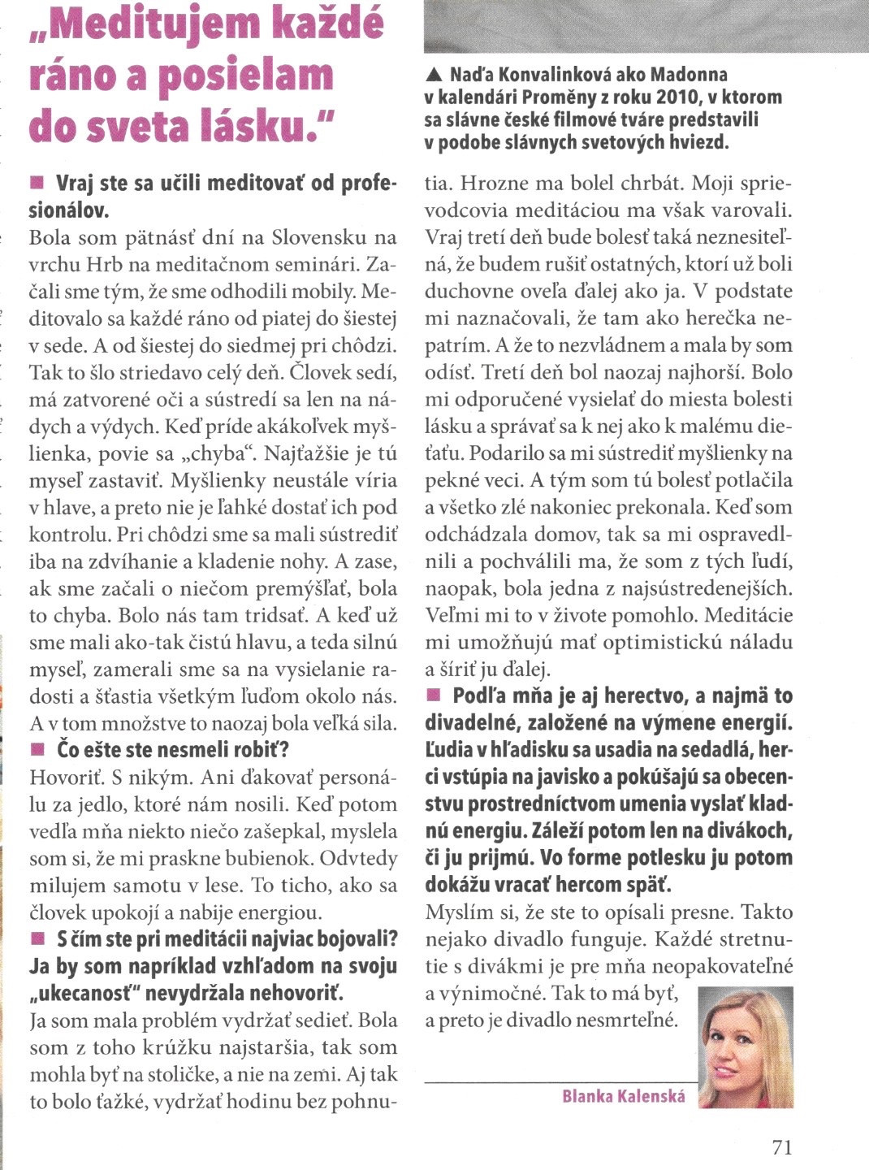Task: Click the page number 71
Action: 781,1146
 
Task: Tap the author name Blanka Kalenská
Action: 623,1096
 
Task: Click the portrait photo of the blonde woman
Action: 746,1047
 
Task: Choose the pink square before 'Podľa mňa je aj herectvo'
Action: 433,695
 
